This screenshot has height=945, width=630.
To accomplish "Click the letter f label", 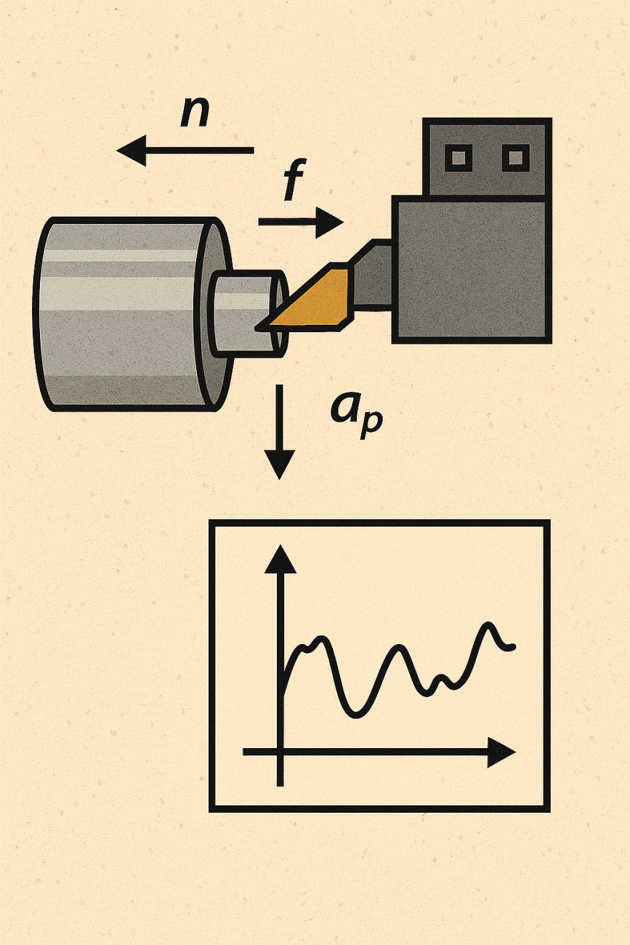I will [x=291, y=182].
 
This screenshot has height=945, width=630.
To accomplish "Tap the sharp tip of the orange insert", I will [x=259, y=326].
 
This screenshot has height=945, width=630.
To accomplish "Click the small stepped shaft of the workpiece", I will [x=243, y=313].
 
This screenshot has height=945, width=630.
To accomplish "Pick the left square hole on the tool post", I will [x=459, y=156].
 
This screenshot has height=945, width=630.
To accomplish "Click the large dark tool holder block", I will [x=471, y=269].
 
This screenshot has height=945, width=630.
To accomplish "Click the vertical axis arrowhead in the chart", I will [x=280, y=560].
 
